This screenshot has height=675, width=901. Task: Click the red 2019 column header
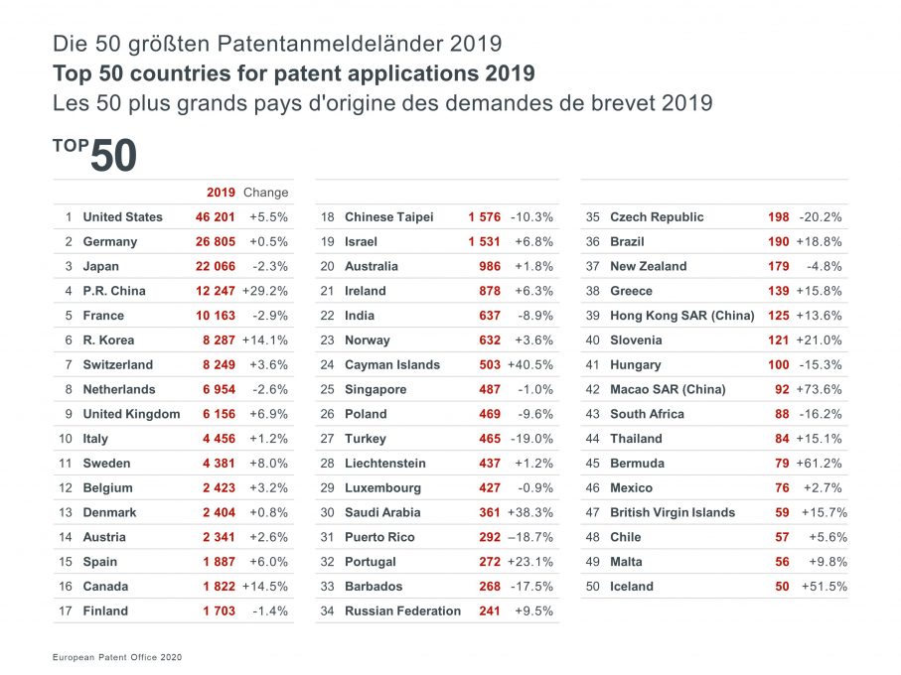(221, 193)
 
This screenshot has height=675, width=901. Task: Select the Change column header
(266, 193)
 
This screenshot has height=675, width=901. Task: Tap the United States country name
(122, 217)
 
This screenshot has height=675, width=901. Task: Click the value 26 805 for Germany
(216, 242)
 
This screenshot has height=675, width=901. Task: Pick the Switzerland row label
(117, 365)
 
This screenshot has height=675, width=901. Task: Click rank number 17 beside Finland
(67, 611)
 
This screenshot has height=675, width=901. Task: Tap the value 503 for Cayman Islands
(490, 365)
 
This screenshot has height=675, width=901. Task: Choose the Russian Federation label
(402, 611)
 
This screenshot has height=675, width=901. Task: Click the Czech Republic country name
(657, 217)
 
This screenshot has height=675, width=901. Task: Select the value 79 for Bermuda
(781, 464)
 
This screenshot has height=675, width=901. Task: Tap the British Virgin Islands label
(673, 513)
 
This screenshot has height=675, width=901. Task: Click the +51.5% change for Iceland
(824, 587)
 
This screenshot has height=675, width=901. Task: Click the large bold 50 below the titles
(113, 157)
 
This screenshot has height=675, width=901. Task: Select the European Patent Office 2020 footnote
(117, 657)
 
